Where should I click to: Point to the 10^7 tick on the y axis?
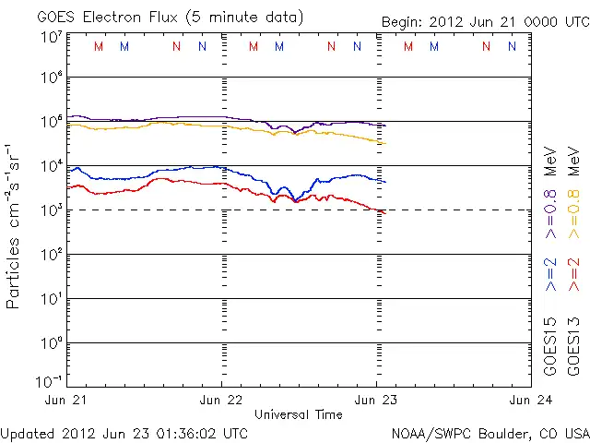52,36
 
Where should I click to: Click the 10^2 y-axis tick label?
52,254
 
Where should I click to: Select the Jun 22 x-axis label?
221,400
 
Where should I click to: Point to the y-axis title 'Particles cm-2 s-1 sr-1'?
15,226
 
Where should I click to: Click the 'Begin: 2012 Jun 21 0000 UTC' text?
485,21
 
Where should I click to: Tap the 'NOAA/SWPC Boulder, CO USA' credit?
490,432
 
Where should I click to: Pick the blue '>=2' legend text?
551,275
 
